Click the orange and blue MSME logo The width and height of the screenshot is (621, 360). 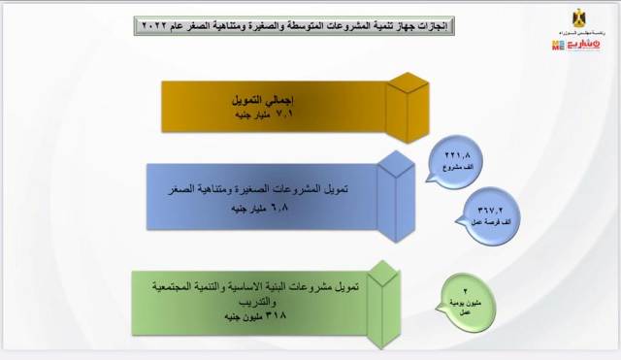pos(574,45)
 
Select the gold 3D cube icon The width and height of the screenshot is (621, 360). pos(406,100)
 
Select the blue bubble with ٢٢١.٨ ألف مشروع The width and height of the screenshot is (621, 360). pos(456,158)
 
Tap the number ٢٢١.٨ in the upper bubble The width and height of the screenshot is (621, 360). pos(456,153)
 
